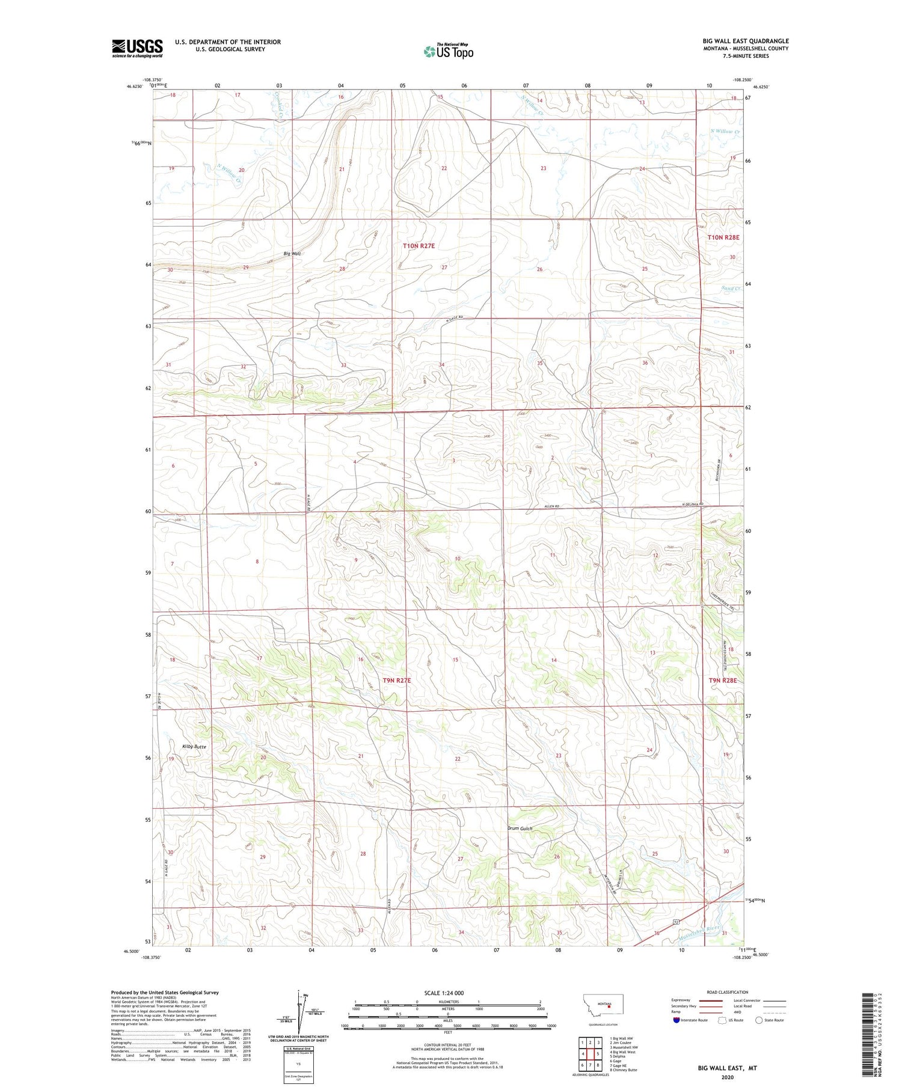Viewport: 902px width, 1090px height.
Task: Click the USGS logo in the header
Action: click(137, 48)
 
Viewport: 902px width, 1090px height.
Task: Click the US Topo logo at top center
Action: click(448, 51)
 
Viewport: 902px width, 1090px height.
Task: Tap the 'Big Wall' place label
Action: click(291, 254)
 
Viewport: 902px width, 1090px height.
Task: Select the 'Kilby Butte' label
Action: click(194, 747)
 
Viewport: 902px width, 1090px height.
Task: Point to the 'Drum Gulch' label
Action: click(520, 828)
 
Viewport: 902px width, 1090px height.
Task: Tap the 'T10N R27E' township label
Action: click(419, 246)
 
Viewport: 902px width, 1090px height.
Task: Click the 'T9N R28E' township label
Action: click(722, 680)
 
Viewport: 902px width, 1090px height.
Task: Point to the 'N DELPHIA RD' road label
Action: click(692, 504)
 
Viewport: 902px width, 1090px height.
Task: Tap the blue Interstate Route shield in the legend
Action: click(676, 1020)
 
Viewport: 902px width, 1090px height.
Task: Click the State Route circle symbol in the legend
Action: click(759, 1020)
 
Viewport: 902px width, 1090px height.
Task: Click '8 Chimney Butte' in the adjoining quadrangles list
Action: click(625, 1070)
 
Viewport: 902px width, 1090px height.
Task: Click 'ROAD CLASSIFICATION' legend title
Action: click(728, 992)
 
